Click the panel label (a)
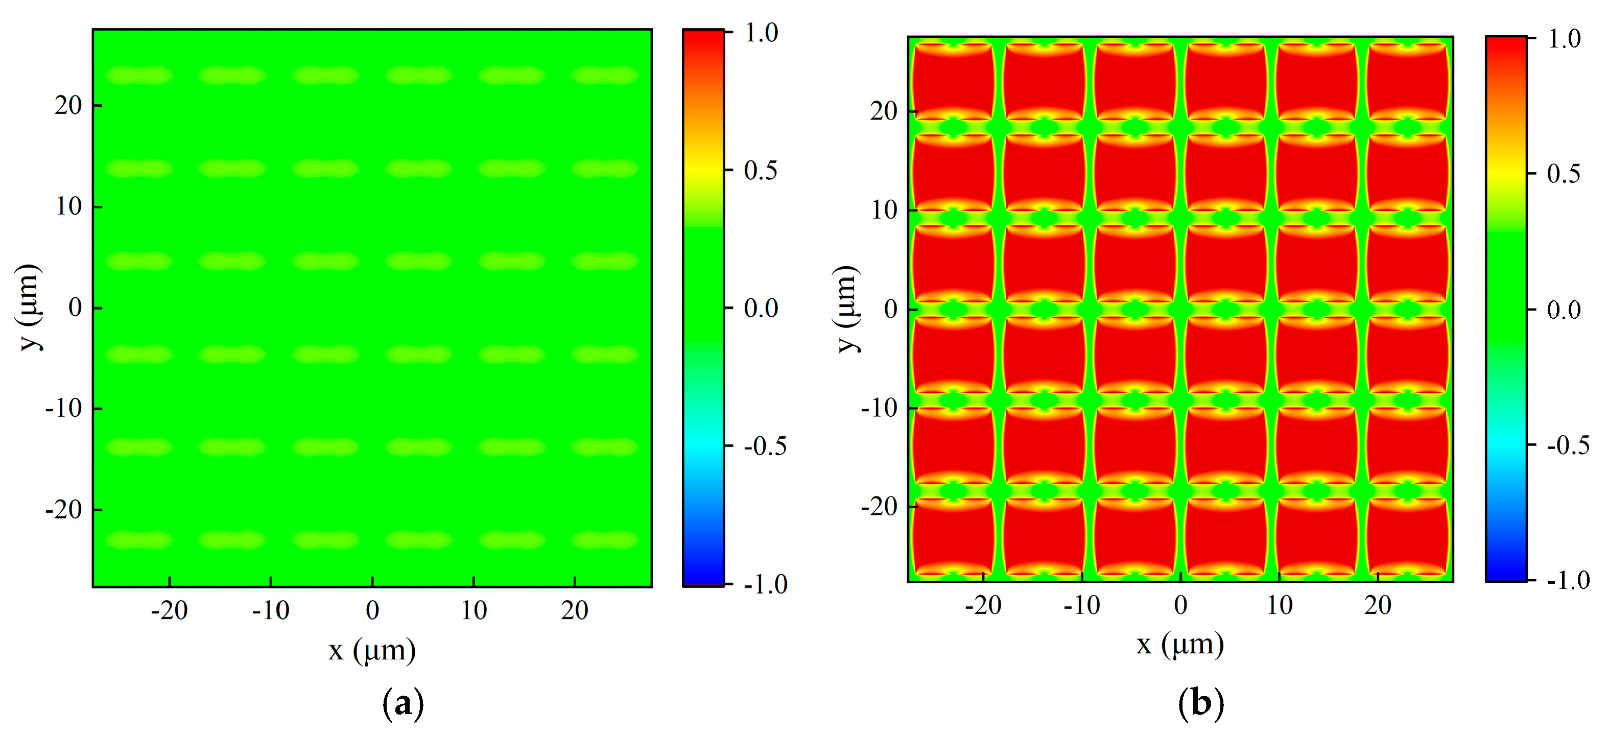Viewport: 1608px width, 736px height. coord(403,703)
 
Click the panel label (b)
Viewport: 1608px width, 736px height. coord(1200,703)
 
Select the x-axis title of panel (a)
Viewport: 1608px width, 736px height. coord(372,651)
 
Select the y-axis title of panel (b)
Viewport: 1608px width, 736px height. coord(847,309)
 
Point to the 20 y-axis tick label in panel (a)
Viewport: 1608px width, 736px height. coord(68,106)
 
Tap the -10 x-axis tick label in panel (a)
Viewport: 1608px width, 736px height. coord(270,610)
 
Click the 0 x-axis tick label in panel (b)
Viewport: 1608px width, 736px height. coord(1180,605)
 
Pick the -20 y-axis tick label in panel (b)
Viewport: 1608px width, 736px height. coord(879,506)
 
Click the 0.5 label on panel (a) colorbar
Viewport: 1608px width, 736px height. coord(760,171)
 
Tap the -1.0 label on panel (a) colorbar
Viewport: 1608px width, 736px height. coord(765,584)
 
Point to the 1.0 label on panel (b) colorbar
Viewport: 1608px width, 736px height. coord(1564,39)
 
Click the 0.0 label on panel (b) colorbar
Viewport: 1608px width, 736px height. coord(1564,310)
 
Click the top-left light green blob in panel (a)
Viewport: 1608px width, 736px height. coord(138,76)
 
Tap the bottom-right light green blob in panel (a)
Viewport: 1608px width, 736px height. coord(604,539)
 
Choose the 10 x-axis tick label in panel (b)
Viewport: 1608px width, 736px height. coord(1279,605)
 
